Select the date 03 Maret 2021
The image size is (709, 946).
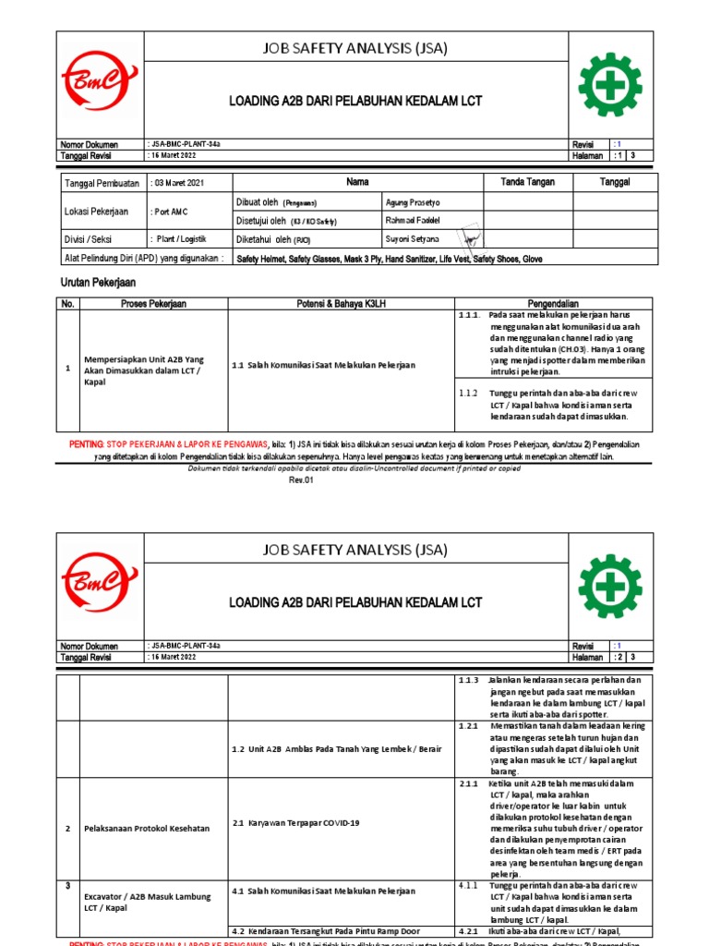pos(183,183)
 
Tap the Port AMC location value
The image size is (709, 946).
pos(168,211)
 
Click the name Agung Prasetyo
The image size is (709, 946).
pos(414,201)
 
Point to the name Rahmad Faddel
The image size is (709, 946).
pos(412,220)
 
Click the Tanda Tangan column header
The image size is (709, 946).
pos(527,182)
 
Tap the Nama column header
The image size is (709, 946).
pos(357,182)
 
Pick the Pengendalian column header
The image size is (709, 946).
pos(553,304)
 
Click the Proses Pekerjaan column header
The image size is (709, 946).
pos(153,304)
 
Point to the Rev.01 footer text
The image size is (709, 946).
pos(302,480)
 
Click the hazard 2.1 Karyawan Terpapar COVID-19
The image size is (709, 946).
pos(295,823)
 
